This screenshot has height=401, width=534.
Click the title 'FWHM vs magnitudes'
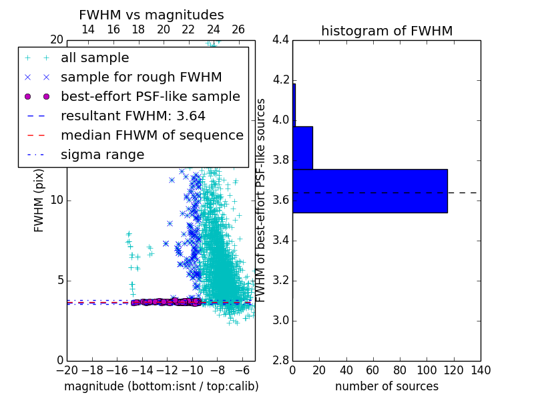pyautogui.click(x=152, y=15)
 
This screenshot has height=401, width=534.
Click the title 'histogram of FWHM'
pyautogui.click(x=387, y=31)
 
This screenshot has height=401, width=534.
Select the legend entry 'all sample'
pyautogui.click(x=95, y=58)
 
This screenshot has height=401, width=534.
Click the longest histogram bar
pyautogui.click(x=370, y=191)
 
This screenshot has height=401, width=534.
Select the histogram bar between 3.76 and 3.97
pyautogui.click(x=303, y=148)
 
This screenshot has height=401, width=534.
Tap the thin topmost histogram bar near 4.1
pyautogui.click(x=294, y=105)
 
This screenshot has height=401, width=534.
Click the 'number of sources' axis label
pyautogui.click(x=387, y=386)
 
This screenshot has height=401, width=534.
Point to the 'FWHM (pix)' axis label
pyautogui.click(x=39, y=200)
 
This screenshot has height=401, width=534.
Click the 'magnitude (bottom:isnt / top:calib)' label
pyautogui.click(x=162, y=386)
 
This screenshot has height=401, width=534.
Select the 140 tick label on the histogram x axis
pyautogui.click(x=481, y=370)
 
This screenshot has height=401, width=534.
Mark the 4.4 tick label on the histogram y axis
pyautogui.click(x=280, y=40)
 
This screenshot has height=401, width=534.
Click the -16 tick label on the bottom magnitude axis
pyautogui.click(x=117, y=370)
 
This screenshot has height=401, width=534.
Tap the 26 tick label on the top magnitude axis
pyautogui.click(x=238, y=29)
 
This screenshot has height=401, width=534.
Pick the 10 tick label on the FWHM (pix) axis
pyautogui.click(x=57, y=200)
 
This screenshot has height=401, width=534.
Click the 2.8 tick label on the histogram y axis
pyautogui.click(x=280, y=361)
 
